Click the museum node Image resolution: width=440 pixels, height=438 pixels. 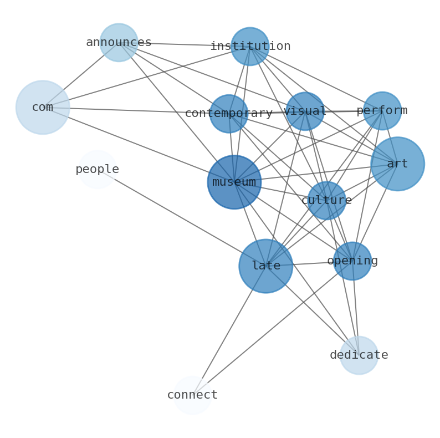[234, 182]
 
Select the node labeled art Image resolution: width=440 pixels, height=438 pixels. [397, 164]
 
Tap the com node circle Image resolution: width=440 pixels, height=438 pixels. [43, 107]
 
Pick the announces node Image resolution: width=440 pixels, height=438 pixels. [119, 42]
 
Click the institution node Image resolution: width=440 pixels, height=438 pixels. [250, 47]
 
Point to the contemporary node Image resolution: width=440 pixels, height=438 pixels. [229, 114]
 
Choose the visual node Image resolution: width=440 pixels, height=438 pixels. [305, 111]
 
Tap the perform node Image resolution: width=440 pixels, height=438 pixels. [382, 111]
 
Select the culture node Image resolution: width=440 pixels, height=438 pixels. [326, 201]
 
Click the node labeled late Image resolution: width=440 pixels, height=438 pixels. [265, 266]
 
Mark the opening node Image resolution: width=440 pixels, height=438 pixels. [352, 261]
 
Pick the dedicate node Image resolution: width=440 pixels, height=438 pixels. [359, 355]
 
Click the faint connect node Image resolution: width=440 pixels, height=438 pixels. [192, 395]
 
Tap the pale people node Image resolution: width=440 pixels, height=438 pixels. [97, 170]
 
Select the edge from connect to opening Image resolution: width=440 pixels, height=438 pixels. [272, 328]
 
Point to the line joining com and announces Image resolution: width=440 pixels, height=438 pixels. [80, 75]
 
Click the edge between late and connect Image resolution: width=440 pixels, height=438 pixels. [229, 330]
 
